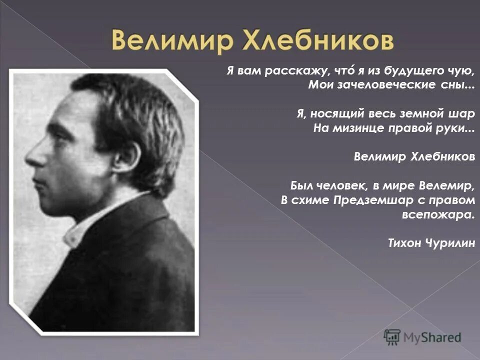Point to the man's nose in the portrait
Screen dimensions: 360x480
[35, 157]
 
